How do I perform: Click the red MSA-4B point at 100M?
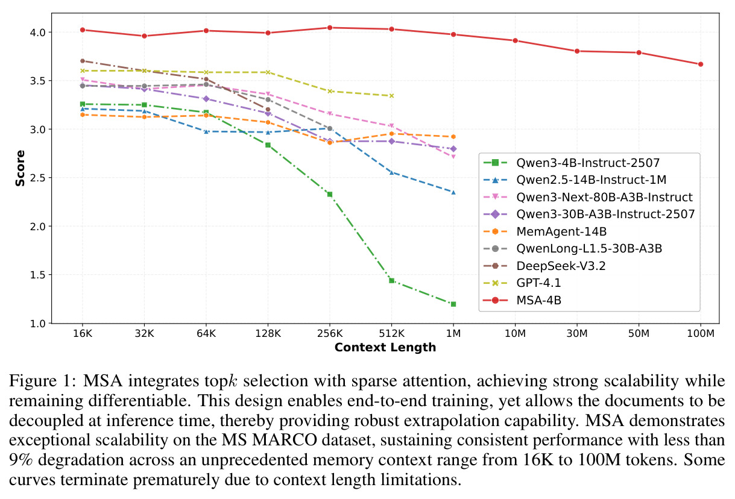click(700, 64)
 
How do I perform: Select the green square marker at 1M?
click(453, 304)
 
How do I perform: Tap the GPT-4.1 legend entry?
click(522, 283)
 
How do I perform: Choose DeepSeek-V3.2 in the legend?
click(544, 266)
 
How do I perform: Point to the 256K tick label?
click(330, 333)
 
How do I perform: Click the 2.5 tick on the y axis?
click(38, 178)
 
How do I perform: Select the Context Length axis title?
click(385, 347)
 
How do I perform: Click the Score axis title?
click(21, 168)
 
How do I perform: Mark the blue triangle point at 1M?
click(453, 192)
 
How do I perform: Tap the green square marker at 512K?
click(391, 281)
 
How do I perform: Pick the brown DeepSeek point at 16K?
click(83, 61)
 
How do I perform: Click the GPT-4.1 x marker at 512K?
click(391, 96)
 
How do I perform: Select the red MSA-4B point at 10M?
click(515, 40)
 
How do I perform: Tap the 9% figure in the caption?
click(21, 460)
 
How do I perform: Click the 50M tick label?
click(639, 333)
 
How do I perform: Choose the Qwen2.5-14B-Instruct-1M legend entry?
click(575, 180)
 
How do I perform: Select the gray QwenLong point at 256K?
click(330, 128)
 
